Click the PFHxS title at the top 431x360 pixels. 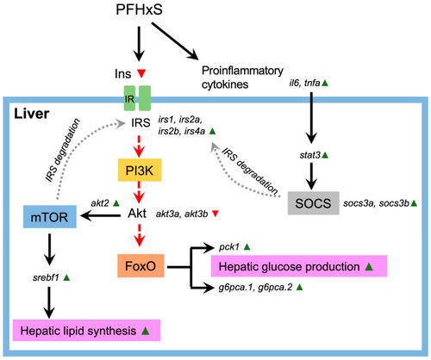pyautogui.click(x=139, y=9)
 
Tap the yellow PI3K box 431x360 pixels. pyautogui.click(x=140, y=171)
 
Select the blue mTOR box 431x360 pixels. pyautogui.click(x=50, y=217)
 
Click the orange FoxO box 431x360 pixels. pyautogui.click(x=141, y=266)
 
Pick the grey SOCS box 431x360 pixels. pyautogui.click(x=314, y=203)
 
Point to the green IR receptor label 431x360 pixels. pyautogui.click(x=129, y=99)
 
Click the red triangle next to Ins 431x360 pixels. pyautogui.click(x=141, y=73)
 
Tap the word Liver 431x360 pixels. pyautogui.click(x=32, y=114)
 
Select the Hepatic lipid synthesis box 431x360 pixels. pyautogui.click(x=86, y=330)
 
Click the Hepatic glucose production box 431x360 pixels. pyautogui.click(x=299, y=266)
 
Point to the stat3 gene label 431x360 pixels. pyautogui.click(x=310, y=155)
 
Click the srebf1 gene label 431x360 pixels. pyautogui.click(x=46, y=277)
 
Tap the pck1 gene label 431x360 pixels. pyautogui.click(x=229, y=247)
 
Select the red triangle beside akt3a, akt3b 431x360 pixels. pyautogui.click(x=215, y=214)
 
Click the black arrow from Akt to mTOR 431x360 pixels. pyautogui.click(x=101, y=215)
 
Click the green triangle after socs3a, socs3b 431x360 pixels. pyautogui.click(x=414, y=203)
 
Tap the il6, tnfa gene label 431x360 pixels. pyautogui.click(x=304, y=84)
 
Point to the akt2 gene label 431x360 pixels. pyautogui.click(x=100, y=203)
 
